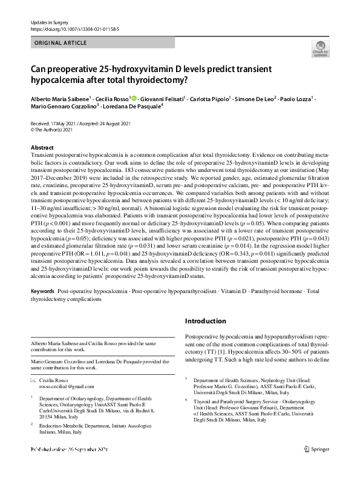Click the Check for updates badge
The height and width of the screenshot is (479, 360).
tap(321, 48)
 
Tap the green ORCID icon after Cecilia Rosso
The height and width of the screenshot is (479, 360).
tap(133, 98)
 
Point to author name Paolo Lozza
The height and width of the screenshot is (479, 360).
tap(298, 99)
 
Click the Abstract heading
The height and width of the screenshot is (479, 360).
tap(42, 148)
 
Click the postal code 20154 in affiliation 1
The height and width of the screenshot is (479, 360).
tap(48, 418)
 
